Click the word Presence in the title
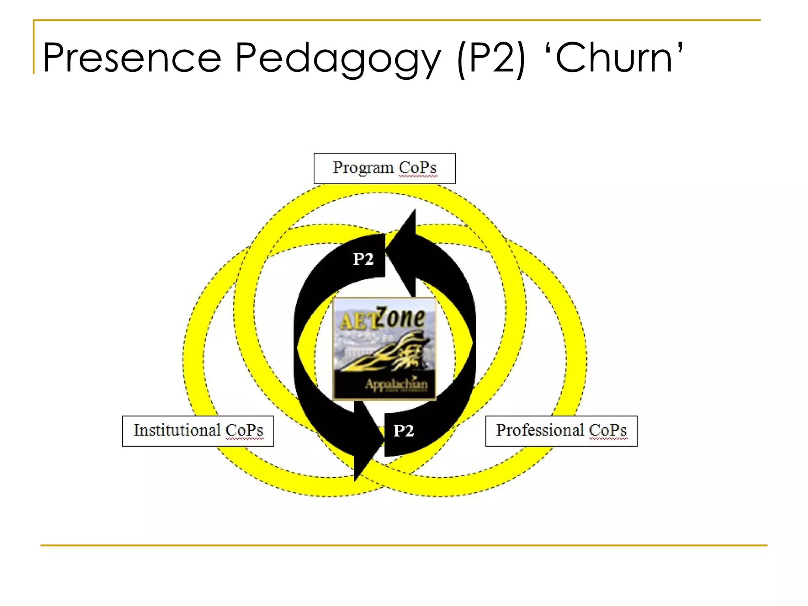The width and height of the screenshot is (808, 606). [x=132, y=58]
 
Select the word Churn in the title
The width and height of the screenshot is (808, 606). [x=613, y=58]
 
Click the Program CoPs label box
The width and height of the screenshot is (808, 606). [x=385, y=168]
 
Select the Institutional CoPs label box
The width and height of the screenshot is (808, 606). [x=198, y=431]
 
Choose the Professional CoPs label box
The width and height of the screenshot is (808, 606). [x=561, y=431]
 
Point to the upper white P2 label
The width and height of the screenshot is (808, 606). [x=363, y=259]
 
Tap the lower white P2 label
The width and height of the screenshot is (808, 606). [x=404, y=431]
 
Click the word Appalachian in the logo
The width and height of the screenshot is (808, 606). [x=396, y=384]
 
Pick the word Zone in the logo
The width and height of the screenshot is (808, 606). [x=400, y=318]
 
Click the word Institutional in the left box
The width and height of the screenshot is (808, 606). [x=177, y=430]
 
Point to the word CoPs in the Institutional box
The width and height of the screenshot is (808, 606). [x=244, y=430]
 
